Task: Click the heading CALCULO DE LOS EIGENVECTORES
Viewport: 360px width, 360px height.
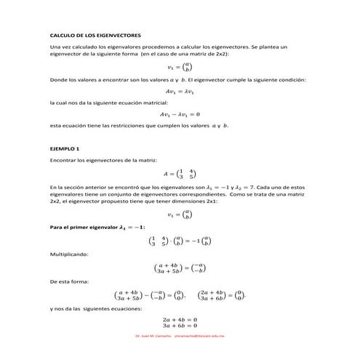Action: [95, 35]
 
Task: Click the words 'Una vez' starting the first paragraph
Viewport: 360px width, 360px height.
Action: [59, 47]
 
